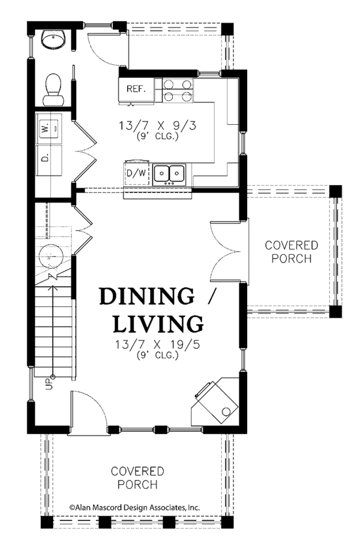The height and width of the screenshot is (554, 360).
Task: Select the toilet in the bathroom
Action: [x=53, y=85]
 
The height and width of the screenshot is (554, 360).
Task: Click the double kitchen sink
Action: [x=169, y=173]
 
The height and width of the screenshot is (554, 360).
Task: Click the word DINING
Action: [x=146, y=296]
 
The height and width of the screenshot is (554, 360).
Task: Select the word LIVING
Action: [x=158, y=324]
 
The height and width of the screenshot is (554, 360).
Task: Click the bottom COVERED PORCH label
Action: [x=137, y=478]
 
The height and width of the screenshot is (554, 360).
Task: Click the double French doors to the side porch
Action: [x=229, y=250]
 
